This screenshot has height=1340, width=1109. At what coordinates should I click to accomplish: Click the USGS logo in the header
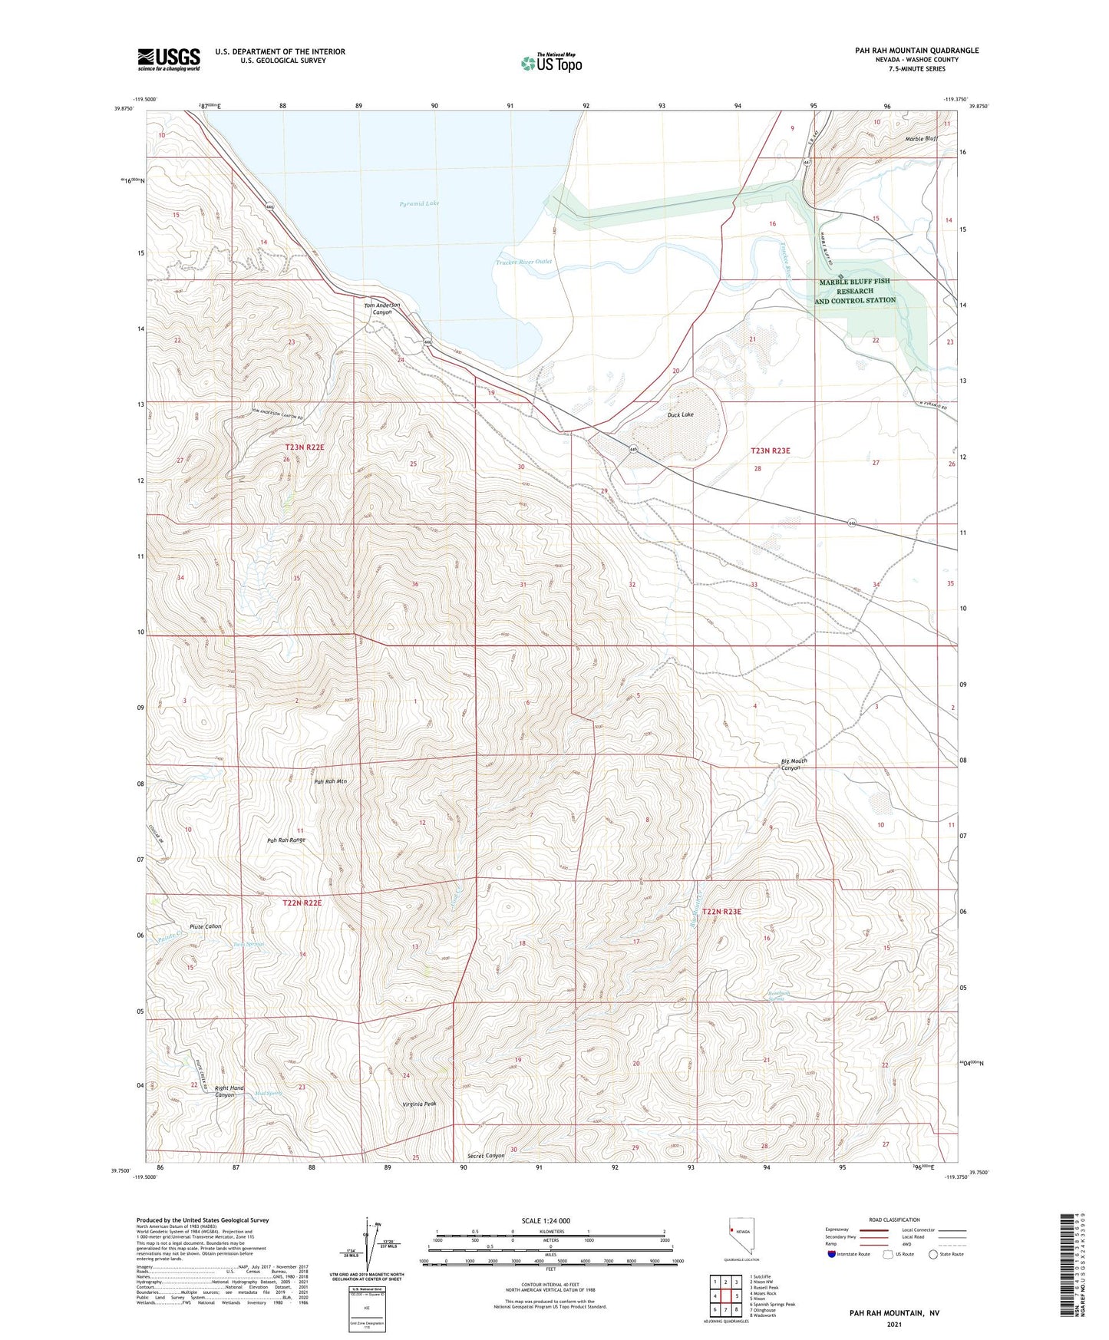(x=169, y=59)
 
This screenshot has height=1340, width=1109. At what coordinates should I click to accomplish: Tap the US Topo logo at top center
(x=551, y=63)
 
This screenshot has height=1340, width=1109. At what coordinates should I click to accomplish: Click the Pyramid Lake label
(x=419, y=203)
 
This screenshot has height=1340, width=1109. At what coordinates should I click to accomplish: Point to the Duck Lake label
(x=680, y=414)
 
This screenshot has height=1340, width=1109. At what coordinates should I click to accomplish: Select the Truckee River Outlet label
(x=523, y=262)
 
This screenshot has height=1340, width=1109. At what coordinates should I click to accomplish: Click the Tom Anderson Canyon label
(x=381, y=309)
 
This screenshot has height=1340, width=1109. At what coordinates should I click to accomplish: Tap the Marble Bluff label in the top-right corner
(x=921, y=139)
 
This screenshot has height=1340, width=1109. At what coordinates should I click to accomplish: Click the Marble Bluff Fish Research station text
(x=855, y=291)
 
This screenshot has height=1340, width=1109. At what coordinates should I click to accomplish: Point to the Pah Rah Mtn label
(x=331, y=781)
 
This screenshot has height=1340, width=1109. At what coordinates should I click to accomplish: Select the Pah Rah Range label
(x=286, y=840)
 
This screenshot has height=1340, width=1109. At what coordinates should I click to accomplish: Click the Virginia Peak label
(x=419, y=1104)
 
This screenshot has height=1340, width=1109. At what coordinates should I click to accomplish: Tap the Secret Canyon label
(x=486, y=1156)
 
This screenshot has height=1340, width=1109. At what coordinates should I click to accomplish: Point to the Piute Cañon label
(x=205, y=926)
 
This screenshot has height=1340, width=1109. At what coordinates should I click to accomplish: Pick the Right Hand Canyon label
(x=229, y=1091)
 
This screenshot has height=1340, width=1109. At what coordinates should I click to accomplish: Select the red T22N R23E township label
(x=721, y=911)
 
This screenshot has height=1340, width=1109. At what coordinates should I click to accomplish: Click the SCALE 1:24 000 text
(x=546, y=1221)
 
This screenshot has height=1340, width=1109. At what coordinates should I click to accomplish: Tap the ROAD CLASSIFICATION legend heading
(x=894, y=1220)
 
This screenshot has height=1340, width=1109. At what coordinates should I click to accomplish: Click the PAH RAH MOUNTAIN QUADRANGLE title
(x=916, y=51)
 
